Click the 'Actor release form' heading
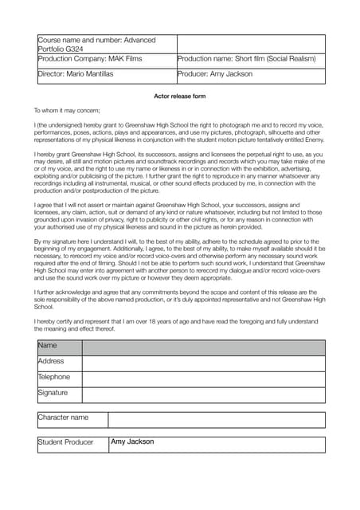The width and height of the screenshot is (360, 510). [179, 96]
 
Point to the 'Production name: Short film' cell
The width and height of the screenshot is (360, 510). [250, 59]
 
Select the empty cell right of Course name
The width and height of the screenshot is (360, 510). [250, 44]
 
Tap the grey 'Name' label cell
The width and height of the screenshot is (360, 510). [59, 347]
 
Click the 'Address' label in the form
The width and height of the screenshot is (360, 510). [59, 362]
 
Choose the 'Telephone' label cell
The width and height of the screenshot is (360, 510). [59, 378]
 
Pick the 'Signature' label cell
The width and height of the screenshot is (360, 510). [59, 394]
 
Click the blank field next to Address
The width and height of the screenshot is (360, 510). [203, 363]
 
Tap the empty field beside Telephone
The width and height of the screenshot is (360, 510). [203, 379]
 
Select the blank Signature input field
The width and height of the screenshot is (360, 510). [203, 394]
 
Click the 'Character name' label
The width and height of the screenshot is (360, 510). [72, 418]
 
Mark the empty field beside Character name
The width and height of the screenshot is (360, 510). [216, 419]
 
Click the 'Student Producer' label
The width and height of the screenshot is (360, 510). [72, 443]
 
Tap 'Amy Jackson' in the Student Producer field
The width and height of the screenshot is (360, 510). [132, 442]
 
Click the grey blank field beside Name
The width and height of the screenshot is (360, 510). [203, 347]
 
